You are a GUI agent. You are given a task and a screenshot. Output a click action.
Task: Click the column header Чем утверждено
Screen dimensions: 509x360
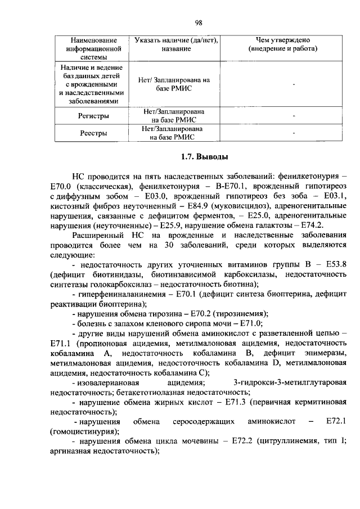tap(283, 40)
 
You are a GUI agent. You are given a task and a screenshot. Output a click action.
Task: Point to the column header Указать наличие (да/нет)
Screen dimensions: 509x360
tap(177, 40)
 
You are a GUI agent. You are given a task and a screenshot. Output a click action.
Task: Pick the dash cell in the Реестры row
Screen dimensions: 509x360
tap(294, 133)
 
